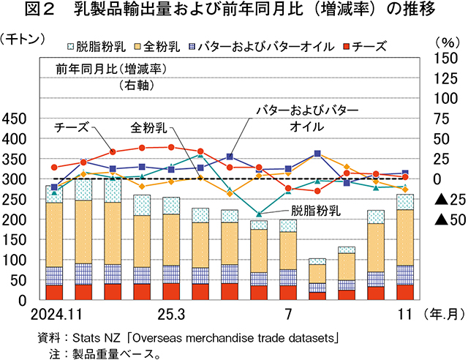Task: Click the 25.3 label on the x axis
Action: pos(170,315)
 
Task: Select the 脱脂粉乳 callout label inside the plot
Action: pos(316,211)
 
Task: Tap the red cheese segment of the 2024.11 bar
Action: pos(54,292)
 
